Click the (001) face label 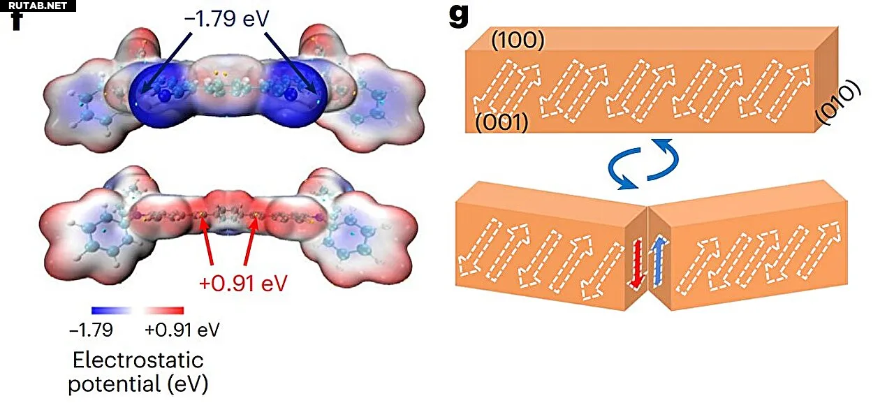click(x=501, y=124)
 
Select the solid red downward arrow click(x=636, y=263)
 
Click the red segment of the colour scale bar click(x=163, y=310)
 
